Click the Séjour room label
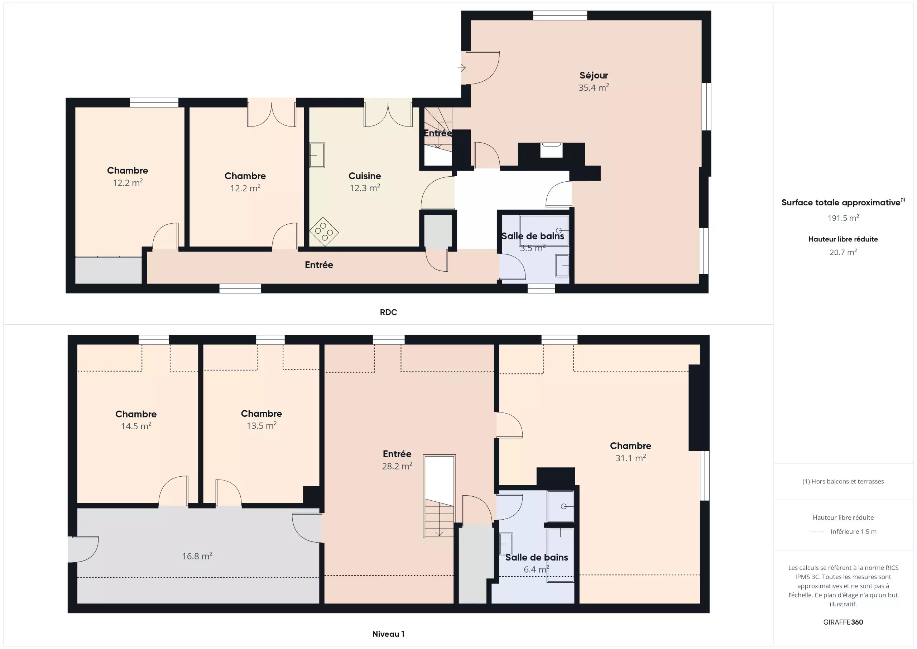tap(594, 76)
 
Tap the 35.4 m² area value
tap(594, 87)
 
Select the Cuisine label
tap(365, 176)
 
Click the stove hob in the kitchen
tap(324, 232)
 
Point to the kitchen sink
tap(317, 155)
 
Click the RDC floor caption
tap(388, 312)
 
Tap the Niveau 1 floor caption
tap(388, 634)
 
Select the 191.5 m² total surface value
tap(843, 218)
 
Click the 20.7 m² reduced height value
tap(843, 252)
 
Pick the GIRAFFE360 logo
tap(843, 622)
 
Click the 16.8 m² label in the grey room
tap(197, 556)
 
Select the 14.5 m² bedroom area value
tap(136, 426)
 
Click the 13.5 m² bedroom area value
tap(261, 426)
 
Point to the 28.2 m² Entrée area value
tap(397, 466)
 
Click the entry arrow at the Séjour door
tap(462, 68)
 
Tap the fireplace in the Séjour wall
tap(551, 150)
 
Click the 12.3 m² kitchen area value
tap(365, 188)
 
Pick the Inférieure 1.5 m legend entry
tap(854, 531)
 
